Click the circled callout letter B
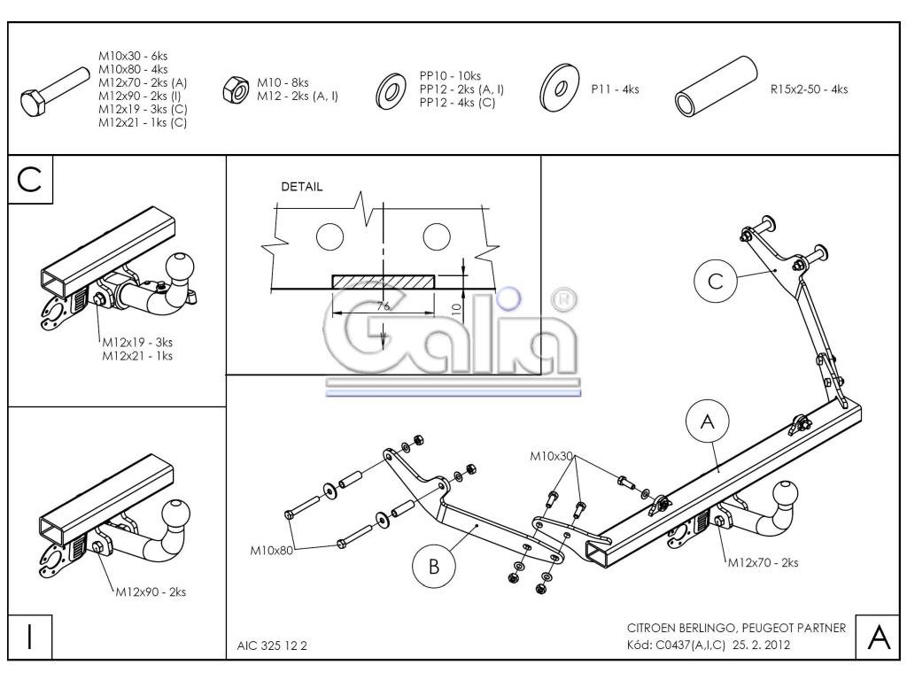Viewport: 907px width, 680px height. tap(434, 567)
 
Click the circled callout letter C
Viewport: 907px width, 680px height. tap(716, 281)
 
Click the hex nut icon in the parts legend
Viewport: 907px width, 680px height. tap(236, 89)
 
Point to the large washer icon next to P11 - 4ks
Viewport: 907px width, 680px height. tap(558, 88)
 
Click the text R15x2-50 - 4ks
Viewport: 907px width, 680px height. tap(810, 89)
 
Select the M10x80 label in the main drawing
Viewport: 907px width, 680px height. tap(270, 551)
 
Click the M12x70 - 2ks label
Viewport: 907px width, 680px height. tap(763, 562)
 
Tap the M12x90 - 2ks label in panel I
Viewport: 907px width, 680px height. tap(150, 591)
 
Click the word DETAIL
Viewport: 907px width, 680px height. tap(302, 187)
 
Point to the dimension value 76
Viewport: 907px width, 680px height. tap(384, 305)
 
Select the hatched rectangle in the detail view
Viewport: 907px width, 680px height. tap(384, 281)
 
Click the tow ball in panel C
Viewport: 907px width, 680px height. tap(182, 264)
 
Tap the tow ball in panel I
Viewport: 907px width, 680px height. tap(179, 511)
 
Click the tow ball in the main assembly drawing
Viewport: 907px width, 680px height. tap(787, 495)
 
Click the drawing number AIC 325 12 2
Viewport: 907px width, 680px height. tap(273, 645)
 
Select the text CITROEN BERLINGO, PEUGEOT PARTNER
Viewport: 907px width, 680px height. tap(735, 628)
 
